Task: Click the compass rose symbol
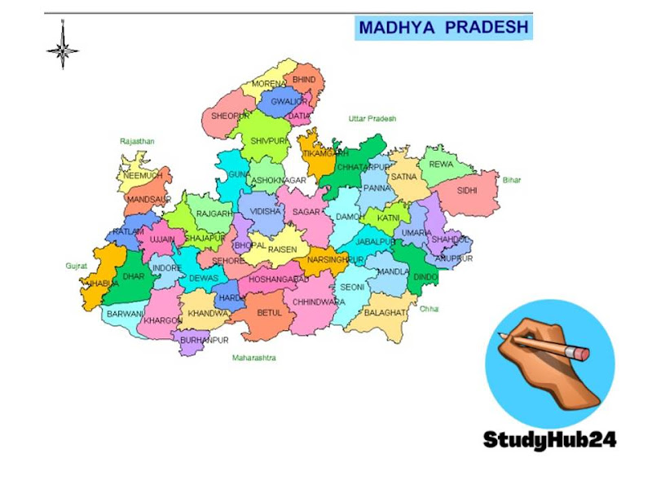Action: point(62,46)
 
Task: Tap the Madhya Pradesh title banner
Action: point(443,28)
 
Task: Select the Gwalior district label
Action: point(289,102)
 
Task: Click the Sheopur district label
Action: point(230,117)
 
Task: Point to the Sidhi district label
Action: point(467,192)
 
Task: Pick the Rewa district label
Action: point(441,165)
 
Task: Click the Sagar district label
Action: point(306,212)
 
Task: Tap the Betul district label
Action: point(269,312)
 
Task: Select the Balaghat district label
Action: point(384,313)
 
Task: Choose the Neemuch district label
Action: point(143,176)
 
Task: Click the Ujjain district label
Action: point(162,239)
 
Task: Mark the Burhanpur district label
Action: point(205,339)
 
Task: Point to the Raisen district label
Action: point(283,249)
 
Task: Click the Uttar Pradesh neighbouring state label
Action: point(372,119)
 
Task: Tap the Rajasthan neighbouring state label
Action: point(137,141)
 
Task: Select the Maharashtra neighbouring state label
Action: point(254,358)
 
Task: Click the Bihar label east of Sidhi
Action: point(511,180)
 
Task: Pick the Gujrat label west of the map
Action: point(76,267)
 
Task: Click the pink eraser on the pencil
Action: point(579,353)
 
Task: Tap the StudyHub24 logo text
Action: point(550,440)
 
